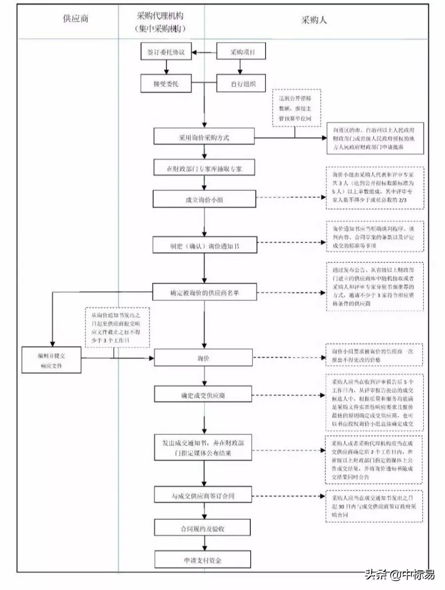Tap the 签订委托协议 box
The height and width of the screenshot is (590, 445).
[x=166, y=52]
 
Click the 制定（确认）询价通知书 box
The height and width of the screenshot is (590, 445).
[x=205, y=245]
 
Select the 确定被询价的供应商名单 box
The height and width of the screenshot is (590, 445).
[x=205, y=293]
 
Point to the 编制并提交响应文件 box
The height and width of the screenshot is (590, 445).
[x=51, y=360]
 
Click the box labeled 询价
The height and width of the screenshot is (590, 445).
[x=204, y=358]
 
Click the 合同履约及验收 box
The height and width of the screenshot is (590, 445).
[x=204, y=528]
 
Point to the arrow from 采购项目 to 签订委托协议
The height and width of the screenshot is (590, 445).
[x=204, y=52]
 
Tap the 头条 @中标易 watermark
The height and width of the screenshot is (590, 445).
[x=400, y=575]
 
